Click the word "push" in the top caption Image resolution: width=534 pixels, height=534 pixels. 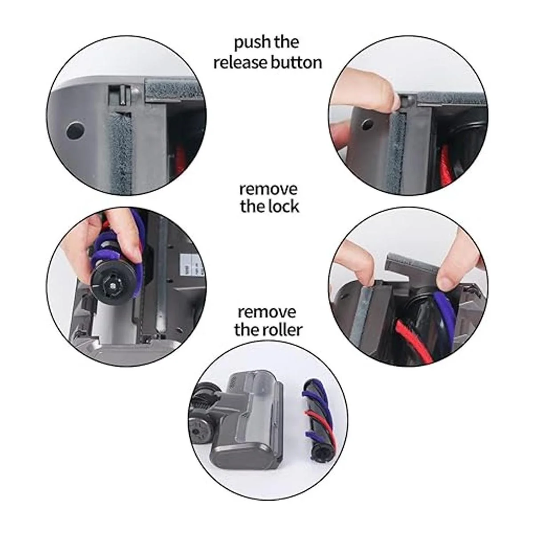pyautogui.click(x=248, y=43)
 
